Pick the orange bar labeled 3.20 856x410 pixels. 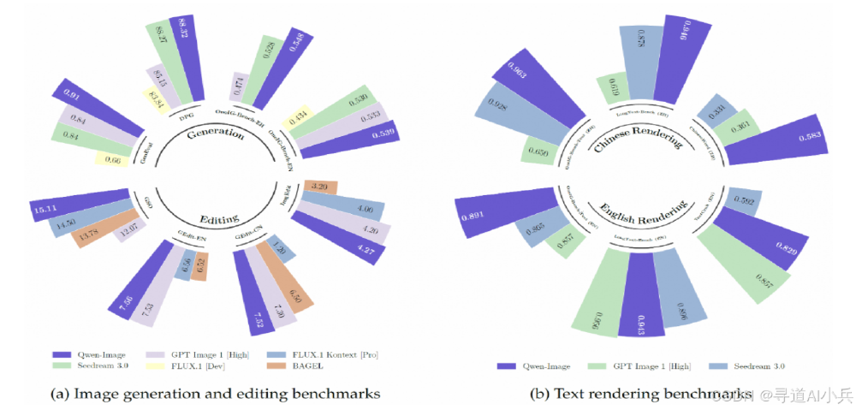[324, 185]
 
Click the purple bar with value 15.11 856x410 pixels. [72, 207]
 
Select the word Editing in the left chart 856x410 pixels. [213, 218]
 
